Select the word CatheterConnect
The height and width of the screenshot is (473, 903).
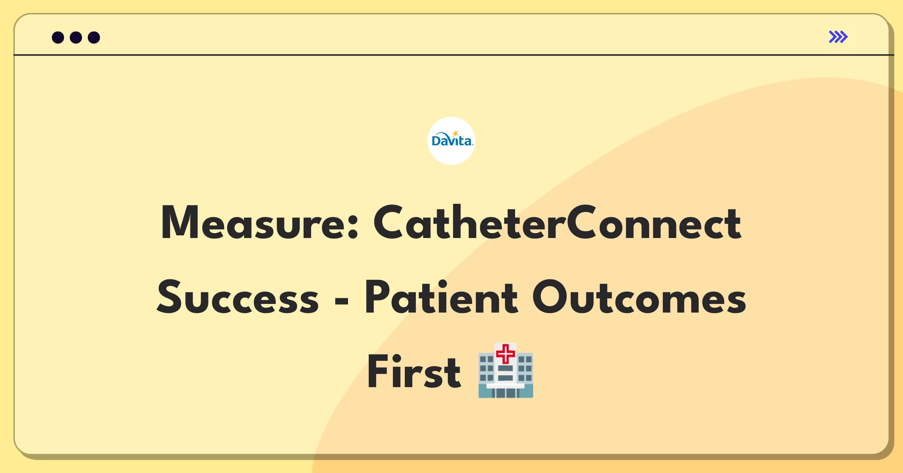tap(557, 222)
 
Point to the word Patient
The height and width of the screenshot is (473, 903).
tap(441, 297)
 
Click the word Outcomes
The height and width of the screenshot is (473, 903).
tap(639, 297)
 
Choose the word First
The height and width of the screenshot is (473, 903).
tap(414, 371)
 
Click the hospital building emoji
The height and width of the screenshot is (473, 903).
tap(506, 370)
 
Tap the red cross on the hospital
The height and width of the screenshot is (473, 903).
tap(506, 354)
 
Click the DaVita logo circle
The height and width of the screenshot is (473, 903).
tap(451, 141)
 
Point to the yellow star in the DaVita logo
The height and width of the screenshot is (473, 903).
tap(456, 133)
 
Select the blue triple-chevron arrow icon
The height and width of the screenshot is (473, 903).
tap(838, 37)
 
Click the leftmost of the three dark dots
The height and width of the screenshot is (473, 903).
tap(58, 37)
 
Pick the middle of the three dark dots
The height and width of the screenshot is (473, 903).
tap(76, 37)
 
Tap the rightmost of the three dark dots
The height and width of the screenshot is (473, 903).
tap(94, 37)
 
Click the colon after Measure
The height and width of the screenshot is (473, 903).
tap(353, 227)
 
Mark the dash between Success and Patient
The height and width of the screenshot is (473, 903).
tap(342, 301)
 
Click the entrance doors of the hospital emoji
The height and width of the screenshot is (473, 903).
tap(506, 393)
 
